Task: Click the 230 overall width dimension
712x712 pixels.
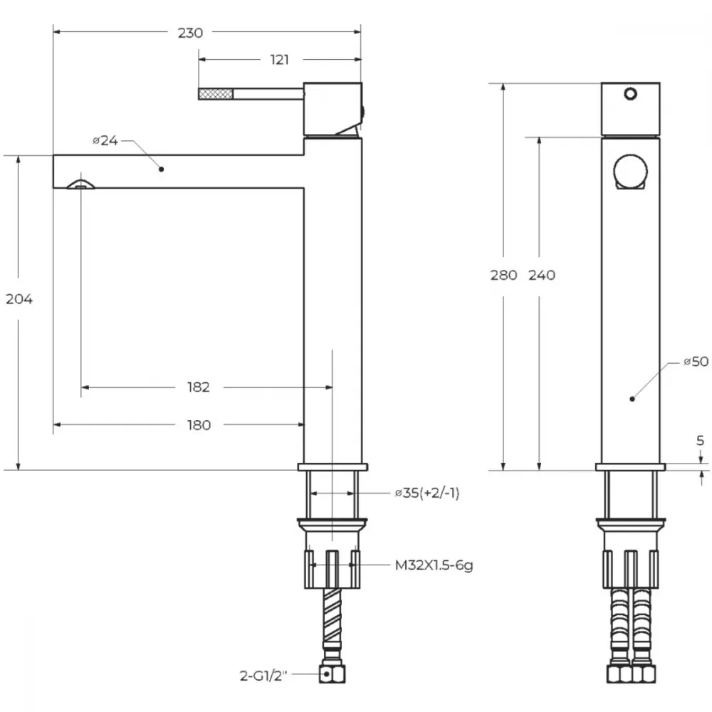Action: pos(190,33)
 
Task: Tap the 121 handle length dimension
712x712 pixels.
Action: pos(279,60)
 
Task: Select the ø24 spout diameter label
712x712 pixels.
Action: pos(105,141)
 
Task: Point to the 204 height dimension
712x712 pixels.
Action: pos(19,299)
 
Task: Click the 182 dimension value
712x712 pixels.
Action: pos(199,387)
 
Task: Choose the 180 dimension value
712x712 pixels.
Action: pos(199,425)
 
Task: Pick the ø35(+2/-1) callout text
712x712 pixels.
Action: pos(427,493)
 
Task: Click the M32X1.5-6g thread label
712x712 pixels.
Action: pos(434,565)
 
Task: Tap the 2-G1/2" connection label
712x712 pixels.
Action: pos(263,676)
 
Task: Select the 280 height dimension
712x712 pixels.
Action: pos(503,275)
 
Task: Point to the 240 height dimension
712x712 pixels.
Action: pos(542,275)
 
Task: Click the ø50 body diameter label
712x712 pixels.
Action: pos(696,362)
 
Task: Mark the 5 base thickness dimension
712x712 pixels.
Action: pos(700,440)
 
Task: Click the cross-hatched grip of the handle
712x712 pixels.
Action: pos(216,94)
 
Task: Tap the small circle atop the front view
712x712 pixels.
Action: pos(630,94)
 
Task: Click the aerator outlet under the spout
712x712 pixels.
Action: pos(81,184)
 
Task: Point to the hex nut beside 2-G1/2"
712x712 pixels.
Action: pos(332,674)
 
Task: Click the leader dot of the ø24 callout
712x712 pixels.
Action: pos(161,169)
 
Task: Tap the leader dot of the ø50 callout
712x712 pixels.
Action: pos(632,399)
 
